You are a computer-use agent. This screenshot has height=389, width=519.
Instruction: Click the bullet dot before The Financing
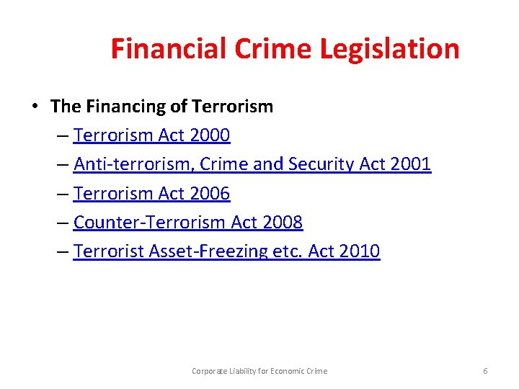[x=34, y=107]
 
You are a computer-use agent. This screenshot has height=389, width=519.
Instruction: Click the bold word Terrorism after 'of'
[x=232, y=107]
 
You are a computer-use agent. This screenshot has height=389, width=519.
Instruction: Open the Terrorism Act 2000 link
[x=151, y=135]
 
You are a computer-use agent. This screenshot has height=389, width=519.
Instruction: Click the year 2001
[x=409, y=164]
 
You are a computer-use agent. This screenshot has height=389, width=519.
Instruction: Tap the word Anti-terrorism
[x=134, y=164]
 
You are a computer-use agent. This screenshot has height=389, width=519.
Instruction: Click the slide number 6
[x=485, y=371]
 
